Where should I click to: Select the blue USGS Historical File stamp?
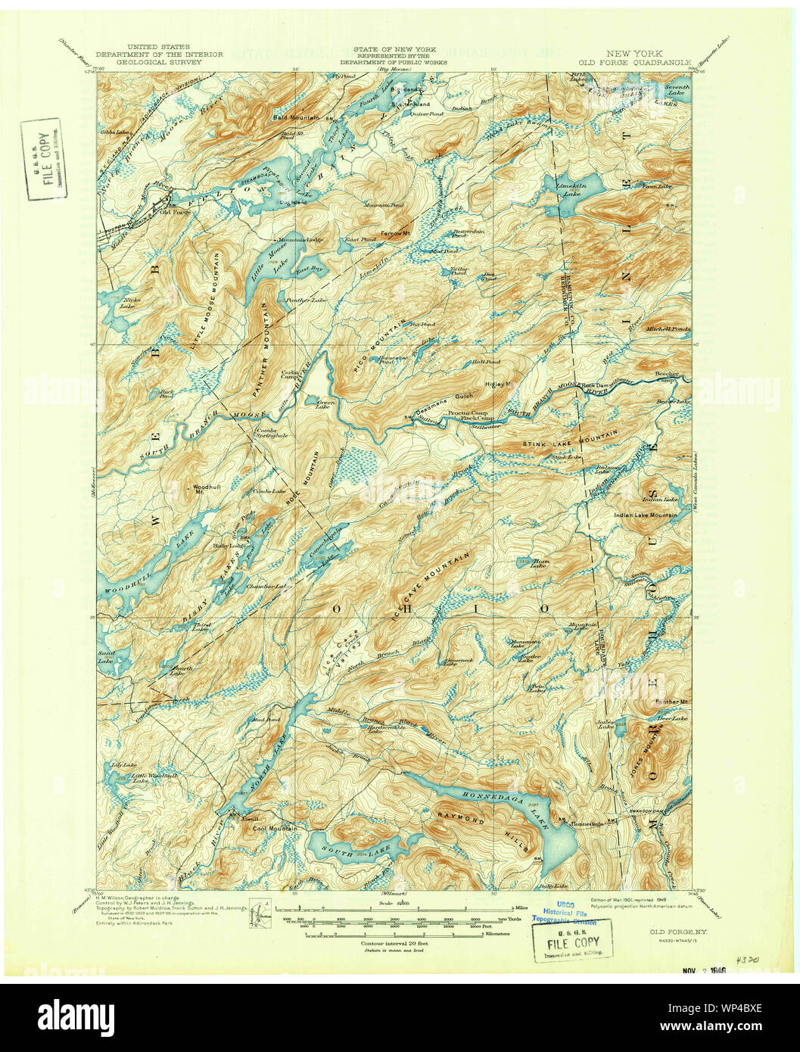(566, 915)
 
